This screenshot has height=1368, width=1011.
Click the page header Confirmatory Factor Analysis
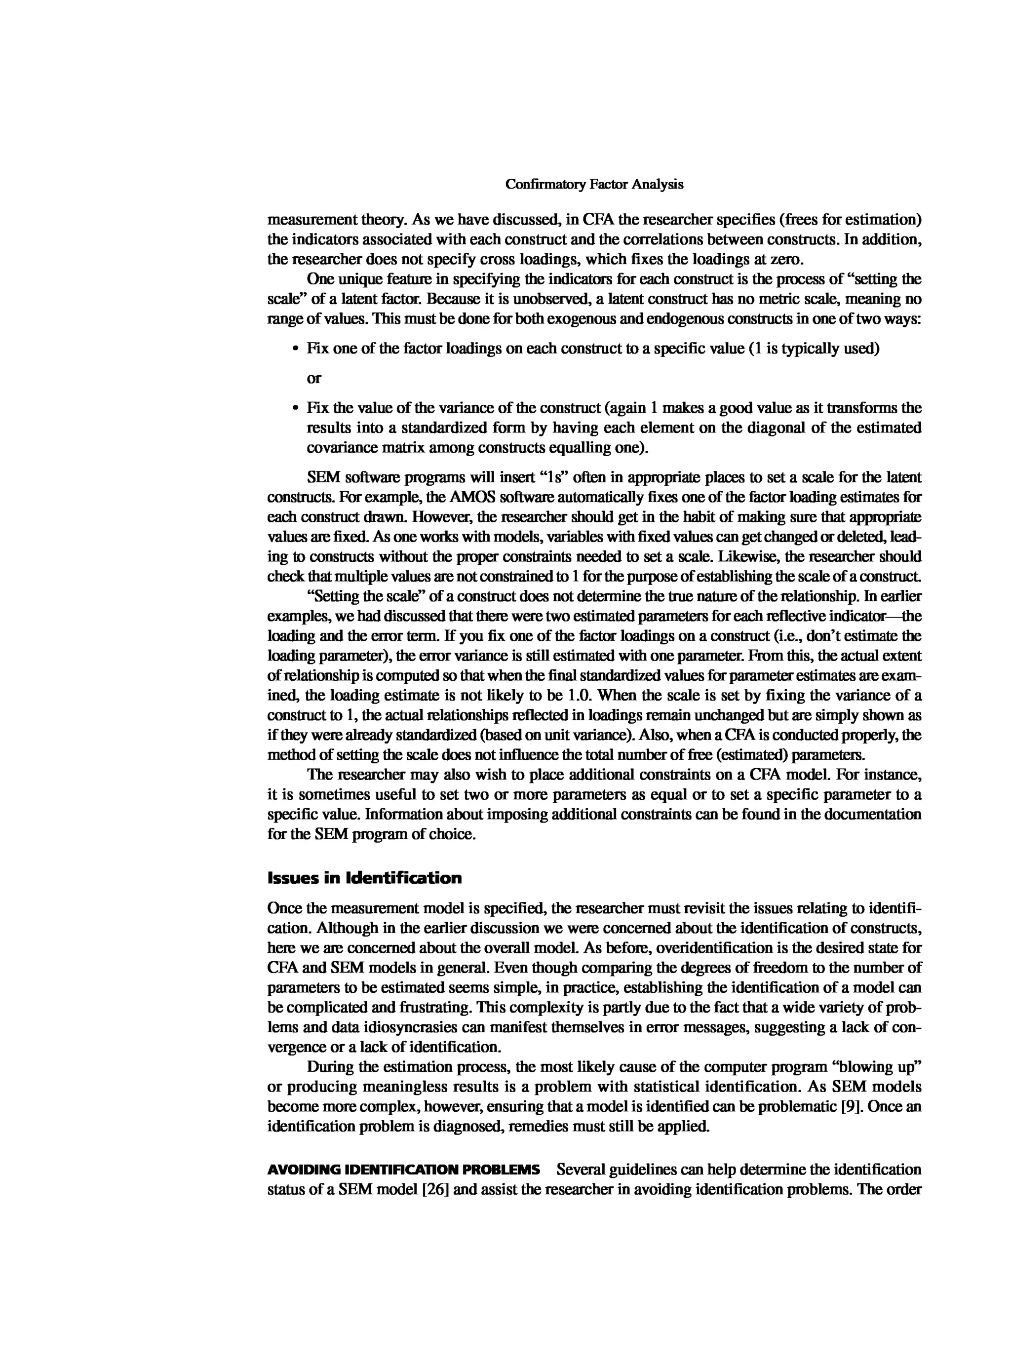coord(594,184)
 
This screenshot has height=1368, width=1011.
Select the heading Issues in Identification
coord(365,878)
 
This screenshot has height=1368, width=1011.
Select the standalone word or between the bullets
coord(313,378)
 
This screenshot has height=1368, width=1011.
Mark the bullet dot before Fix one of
coord(296,350)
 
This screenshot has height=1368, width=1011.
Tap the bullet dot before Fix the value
coord(296,408)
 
